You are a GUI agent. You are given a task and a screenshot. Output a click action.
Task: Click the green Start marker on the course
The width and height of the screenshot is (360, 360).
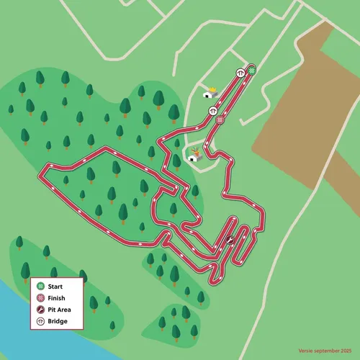(252, 71)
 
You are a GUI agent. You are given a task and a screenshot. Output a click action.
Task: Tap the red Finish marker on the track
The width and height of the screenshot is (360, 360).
(220, 120)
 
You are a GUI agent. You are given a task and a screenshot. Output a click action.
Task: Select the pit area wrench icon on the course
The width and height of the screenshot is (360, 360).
(230, 241)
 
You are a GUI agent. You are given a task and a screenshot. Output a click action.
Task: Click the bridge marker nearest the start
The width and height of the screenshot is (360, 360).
(239, 73)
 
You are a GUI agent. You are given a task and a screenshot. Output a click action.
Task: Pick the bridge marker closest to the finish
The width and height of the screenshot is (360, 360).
(213, 111)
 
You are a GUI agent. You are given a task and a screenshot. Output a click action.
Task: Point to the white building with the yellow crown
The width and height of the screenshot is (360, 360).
(209, 94)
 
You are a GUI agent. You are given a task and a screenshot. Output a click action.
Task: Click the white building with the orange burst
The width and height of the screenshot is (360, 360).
(193, 158)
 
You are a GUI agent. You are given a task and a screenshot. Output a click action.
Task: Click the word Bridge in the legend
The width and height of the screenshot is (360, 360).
(58, 321)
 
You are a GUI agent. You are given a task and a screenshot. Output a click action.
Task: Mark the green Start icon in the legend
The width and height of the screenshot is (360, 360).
(41, 287)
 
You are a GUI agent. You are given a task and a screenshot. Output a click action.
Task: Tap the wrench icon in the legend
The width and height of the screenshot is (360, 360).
(41, 310)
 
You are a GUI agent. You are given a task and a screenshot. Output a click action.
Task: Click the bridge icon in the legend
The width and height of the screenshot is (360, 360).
(41, 321)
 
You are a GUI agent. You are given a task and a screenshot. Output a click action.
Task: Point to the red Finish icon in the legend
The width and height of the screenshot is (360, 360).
(41, 298)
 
